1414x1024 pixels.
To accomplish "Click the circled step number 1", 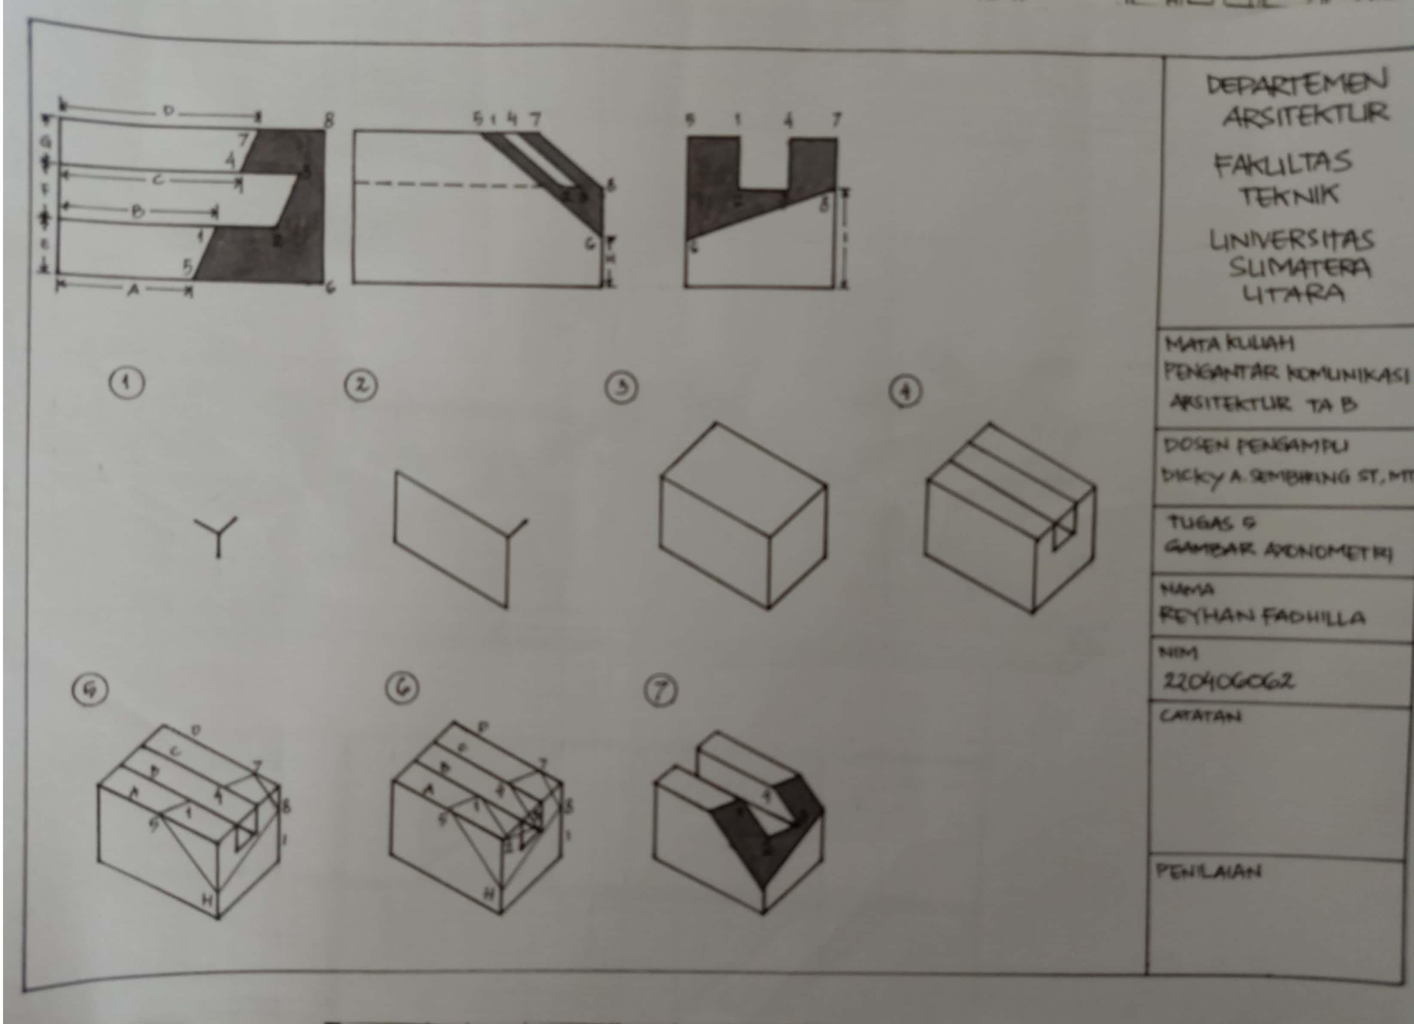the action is tap(127, 383).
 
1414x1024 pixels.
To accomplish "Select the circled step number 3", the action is tap(621, 388).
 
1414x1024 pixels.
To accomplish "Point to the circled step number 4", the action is tap(906, 392).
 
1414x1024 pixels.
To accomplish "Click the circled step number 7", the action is tap(661, 692).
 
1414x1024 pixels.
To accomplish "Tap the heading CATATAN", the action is tap(1200, 716).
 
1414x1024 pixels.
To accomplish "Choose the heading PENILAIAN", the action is tap(1209, 871).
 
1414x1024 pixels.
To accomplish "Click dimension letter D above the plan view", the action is tap(167, 111).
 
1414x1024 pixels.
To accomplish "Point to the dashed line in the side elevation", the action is tap(449, 185).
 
